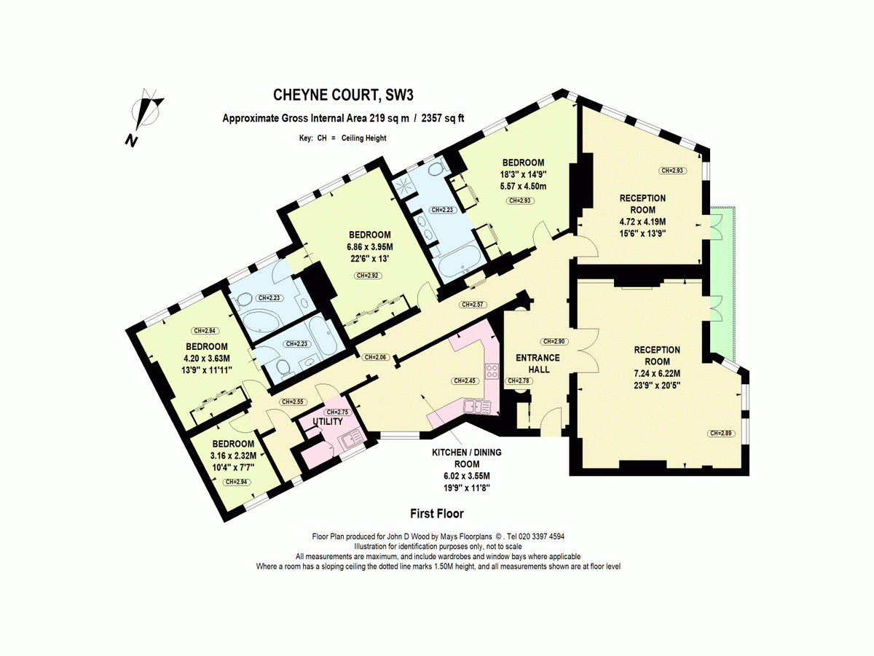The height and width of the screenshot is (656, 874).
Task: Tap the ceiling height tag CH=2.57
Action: click(473, 304)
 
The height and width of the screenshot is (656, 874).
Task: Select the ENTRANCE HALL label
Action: click(538, 363)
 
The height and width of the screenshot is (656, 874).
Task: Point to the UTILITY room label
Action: click(328, 422)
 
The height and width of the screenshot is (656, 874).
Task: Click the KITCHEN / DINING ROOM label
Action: click(468, 458)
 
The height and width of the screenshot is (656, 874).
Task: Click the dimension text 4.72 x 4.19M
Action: click(642, 222)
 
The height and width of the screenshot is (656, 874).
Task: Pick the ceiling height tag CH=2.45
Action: click(465, 380)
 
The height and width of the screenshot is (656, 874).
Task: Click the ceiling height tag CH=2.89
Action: click(720, 434)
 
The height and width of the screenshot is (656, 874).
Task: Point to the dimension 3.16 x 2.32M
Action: click(233, 456)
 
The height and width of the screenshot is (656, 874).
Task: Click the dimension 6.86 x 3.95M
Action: click(370, 246)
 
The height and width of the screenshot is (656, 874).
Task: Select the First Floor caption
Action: click(437, 513)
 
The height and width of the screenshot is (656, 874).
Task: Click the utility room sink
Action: click(353, 440)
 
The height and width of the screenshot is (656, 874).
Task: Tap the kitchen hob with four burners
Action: click(492, 372)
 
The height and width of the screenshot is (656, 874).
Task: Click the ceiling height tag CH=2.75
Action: click(338, 413)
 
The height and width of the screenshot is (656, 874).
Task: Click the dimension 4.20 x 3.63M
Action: click(207, 358)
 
